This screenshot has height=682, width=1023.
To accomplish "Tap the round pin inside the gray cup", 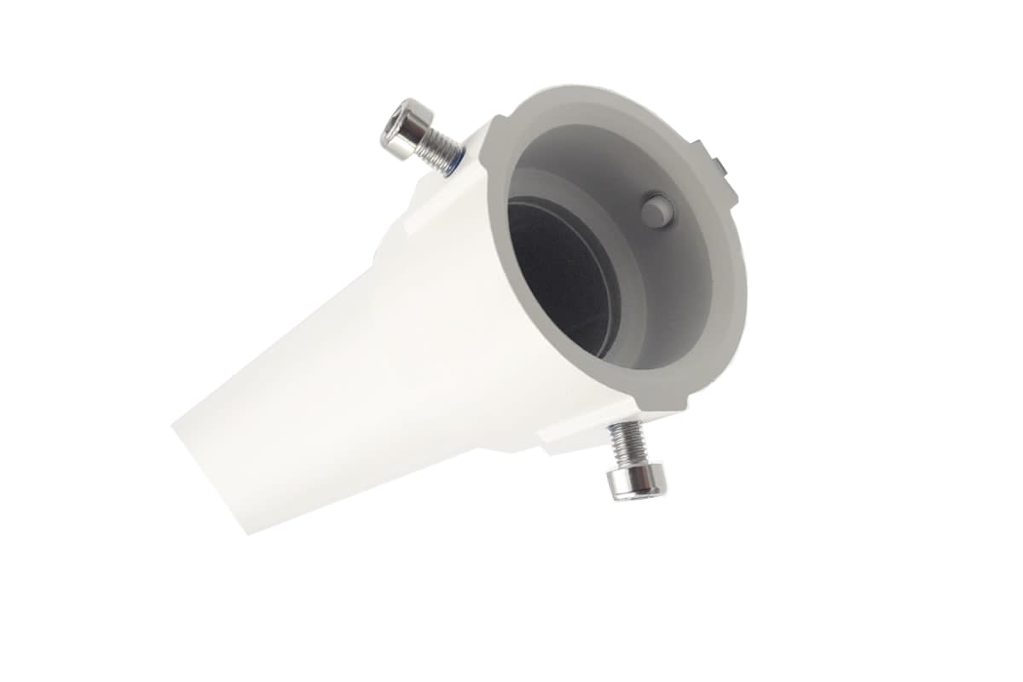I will (x=656, y=210).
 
